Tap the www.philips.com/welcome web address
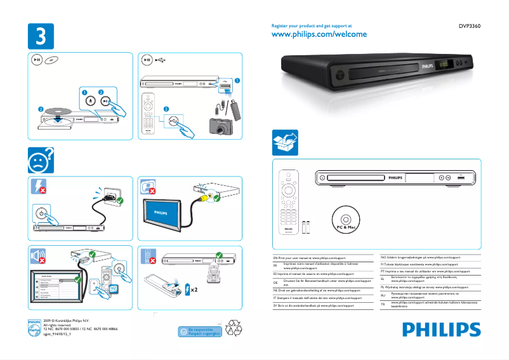[x=319, y=34]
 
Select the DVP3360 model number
[x=470, y=27]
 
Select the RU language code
[x=383, y=295]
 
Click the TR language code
[x=383, y=305]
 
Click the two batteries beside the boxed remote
[x=307, y=227]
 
